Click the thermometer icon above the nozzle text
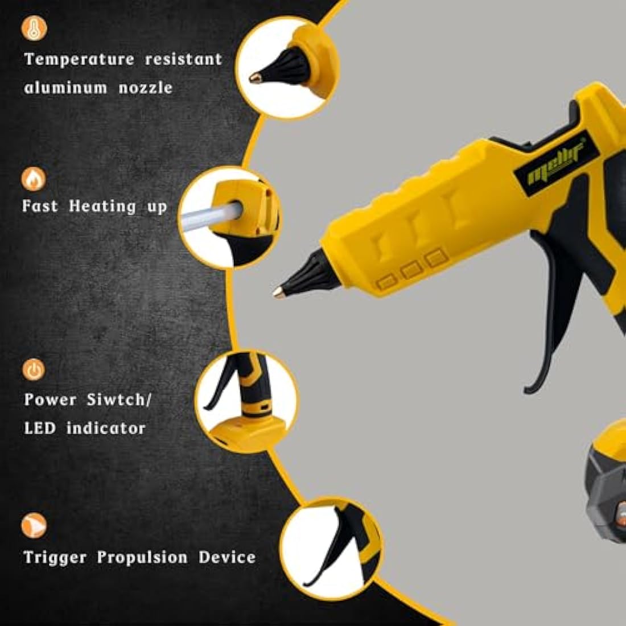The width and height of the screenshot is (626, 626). point(34,28)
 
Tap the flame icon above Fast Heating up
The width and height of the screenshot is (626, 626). point(34,179)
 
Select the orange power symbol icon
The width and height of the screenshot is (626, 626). point(34,370)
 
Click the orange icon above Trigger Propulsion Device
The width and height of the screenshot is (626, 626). point(34,525)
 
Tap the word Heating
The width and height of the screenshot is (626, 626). point(102,206)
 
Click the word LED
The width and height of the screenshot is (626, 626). point(40,428)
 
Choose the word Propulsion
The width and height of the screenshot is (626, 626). point(142,557)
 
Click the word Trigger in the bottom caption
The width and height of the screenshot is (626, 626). point(55,557)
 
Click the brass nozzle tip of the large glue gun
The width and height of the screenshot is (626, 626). point(278,292)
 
